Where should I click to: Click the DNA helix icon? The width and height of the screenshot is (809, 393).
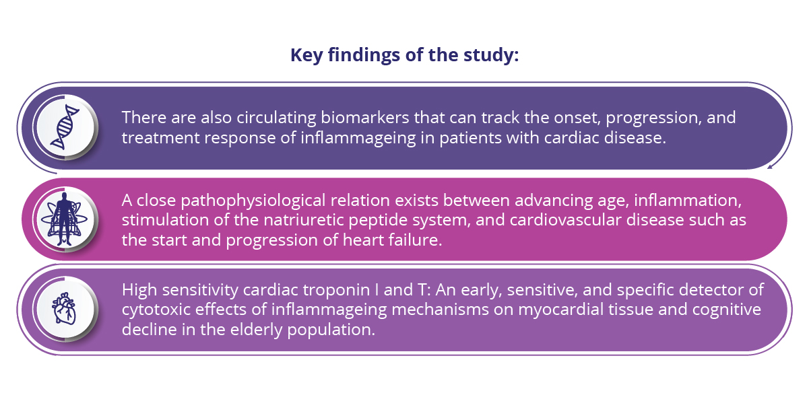pyautogui.click(x=65, y=127)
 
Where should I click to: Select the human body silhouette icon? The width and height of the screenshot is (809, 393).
pyautogui.click(x=64, y=219)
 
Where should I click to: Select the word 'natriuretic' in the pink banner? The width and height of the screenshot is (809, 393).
pyautogui.click(x=304, y=220)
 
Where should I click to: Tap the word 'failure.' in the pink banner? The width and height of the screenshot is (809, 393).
pyautogui.click(x=416, y=240)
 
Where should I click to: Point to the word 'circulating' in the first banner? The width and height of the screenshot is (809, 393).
pyautogui.click(x=276, y=118)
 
